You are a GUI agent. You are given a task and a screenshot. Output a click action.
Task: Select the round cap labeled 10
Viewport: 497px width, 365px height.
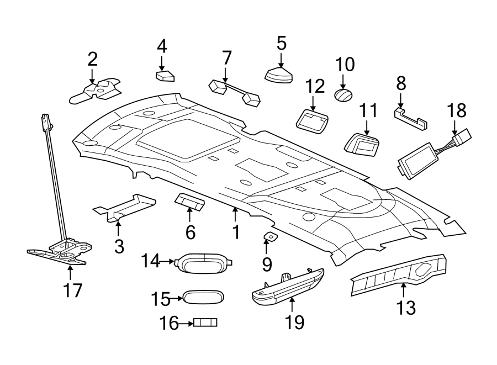coord(343,95)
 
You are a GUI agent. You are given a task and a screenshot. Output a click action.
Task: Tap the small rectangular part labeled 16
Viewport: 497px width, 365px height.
coord(205,322)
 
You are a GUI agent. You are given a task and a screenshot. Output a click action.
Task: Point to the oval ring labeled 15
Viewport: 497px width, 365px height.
coord(202,297)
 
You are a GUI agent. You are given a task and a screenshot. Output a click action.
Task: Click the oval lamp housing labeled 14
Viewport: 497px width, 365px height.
coord(203,263)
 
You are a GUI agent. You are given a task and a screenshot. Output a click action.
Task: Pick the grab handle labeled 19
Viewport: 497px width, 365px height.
coord(287,285)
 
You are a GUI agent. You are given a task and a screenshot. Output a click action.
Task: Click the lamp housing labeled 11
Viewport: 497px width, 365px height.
coord(362,145)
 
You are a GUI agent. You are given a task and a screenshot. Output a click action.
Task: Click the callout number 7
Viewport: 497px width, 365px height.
coord(226,57)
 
